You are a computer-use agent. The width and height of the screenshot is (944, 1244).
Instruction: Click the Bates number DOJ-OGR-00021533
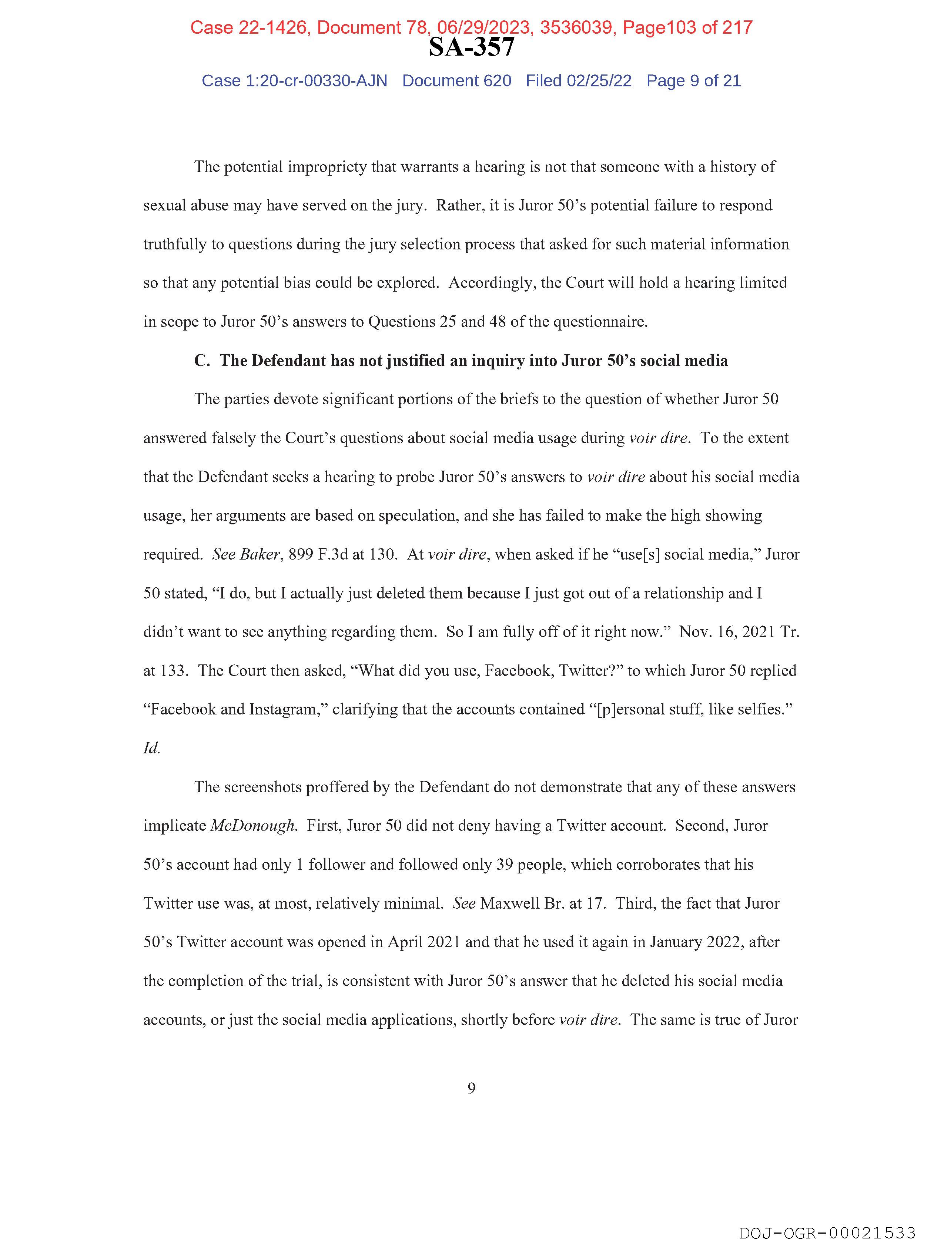(827, 1233)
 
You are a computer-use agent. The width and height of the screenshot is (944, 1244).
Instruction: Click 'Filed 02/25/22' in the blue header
(578, 81)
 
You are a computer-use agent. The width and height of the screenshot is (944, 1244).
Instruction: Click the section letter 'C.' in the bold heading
(202, 361)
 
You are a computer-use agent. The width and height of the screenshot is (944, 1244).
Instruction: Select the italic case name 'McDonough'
(252, 826)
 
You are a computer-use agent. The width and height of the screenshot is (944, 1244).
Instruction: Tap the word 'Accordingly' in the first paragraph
(492, 283)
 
